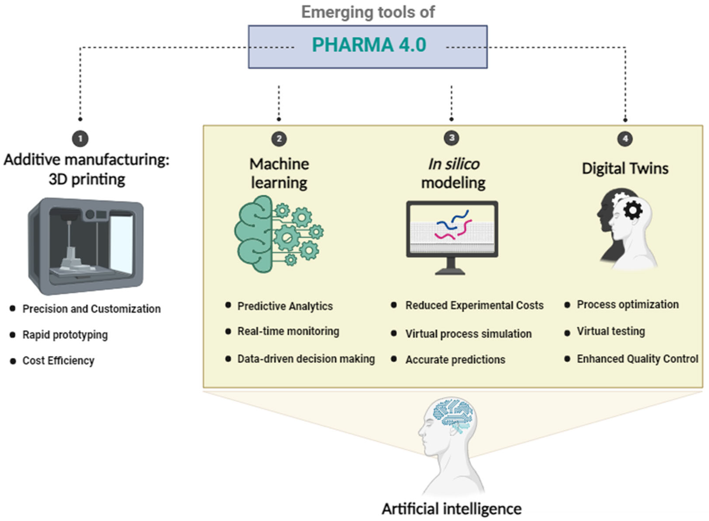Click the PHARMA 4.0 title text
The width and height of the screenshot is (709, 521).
[x=369, y=45]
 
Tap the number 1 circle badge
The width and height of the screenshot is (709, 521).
[x=80, y=139]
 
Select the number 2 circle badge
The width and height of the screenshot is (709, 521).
[x=279, y=139]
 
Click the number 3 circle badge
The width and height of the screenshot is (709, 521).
[x=451, y=138]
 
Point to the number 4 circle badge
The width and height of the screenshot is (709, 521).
[x=625, y=139]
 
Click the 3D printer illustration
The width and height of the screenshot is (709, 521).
[x=86, y=246]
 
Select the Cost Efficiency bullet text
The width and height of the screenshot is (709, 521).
[x=58, y=360]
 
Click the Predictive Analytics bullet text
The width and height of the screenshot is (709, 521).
[x=285, y=306]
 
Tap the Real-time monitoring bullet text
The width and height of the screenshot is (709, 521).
[x=288, y=331]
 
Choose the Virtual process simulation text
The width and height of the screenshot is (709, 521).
[x=468, y=334]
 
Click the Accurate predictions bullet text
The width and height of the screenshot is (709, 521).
[x=455, y=360]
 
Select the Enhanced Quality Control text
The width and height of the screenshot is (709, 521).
[x=637, y=359]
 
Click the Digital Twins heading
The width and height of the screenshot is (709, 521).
[x=625, y=168]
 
